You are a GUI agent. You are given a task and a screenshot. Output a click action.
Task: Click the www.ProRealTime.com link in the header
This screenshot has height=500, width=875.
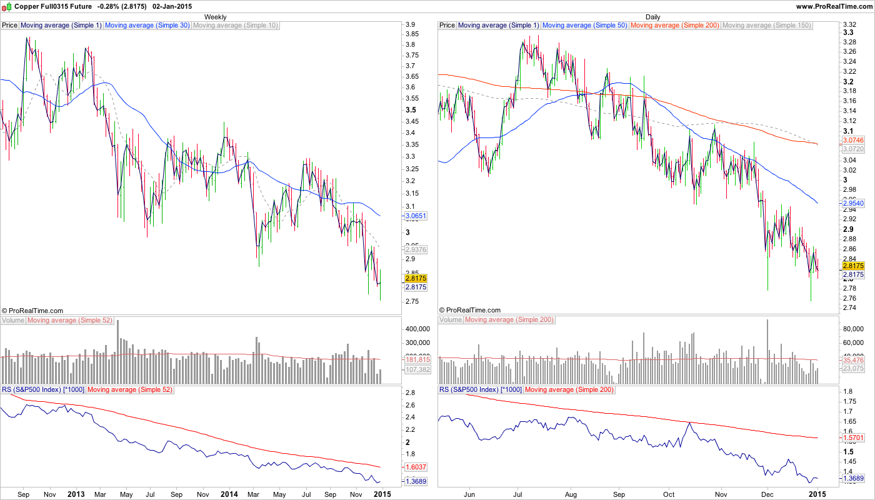[834, 6]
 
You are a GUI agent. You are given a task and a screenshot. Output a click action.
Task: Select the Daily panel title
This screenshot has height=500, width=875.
[652, 17]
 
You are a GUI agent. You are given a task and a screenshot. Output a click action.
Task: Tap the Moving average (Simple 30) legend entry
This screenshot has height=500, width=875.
[147, 26]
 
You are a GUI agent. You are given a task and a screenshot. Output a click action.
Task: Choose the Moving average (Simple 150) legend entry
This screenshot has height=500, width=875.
[766, 26]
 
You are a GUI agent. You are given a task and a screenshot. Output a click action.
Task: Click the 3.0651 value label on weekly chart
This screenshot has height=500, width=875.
[416, 216]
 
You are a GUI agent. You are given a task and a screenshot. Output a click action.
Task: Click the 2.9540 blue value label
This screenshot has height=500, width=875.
[853, 204]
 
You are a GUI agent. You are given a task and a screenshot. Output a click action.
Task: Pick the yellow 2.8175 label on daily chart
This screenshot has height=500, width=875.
[853, 266]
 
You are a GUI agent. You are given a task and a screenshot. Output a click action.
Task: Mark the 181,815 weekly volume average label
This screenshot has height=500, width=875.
[417, 359]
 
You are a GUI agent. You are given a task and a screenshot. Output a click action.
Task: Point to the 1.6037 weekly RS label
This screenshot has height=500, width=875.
[416, 467]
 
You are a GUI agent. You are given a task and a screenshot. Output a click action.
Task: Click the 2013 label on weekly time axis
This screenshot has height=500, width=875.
[76, 494]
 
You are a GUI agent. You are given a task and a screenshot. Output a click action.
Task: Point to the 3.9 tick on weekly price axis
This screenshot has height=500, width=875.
[411, 24]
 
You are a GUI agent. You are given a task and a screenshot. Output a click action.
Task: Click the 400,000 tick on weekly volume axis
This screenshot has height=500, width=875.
[418, 329]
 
